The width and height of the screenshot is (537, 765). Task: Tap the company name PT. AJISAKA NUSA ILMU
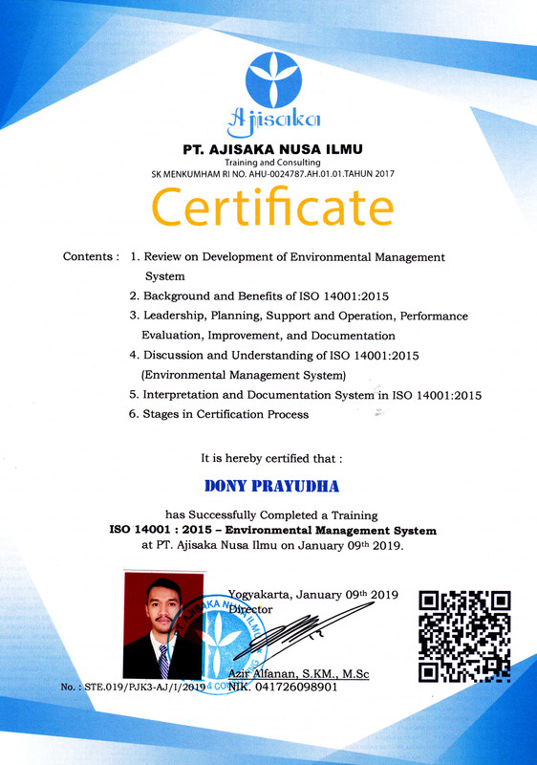(273, 149)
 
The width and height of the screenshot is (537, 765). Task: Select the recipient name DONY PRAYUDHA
(273, 487)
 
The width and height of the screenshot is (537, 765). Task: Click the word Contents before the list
(87, 257)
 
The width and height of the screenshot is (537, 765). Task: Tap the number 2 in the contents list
(134, 296)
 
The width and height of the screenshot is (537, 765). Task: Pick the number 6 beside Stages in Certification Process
(134, 414)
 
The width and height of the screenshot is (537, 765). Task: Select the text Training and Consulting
(273, 163)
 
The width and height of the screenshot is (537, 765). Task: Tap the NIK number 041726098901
(303, 687)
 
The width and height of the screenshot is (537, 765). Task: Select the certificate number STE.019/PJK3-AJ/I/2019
(143, 687)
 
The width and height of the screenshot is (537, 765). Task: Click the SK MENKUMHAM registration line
(273, 174)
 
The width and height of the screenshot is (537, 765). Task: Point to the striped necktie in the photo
(164, 660)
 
